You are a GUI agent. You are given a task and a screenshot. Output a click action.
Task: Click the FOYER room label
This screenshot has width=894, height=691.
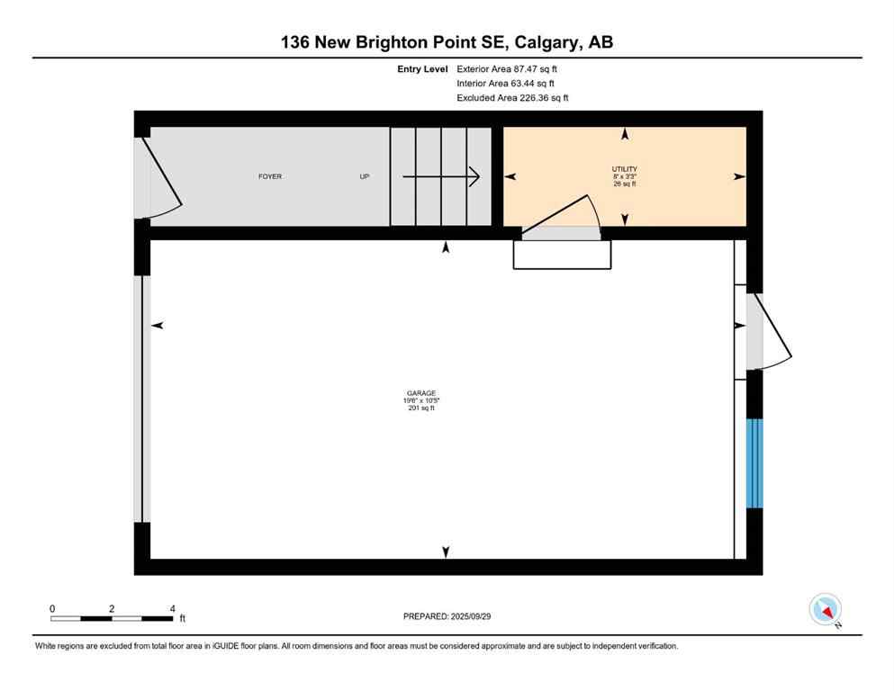click(x=270, y=176)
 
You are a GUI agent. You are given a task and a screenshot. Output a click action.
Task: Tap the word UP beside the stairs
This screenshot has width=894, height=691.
click(x=365, y=176)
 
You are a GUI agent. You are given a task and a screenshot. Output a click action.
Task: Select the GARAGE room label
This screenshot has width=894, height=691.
click(x=420, y=393)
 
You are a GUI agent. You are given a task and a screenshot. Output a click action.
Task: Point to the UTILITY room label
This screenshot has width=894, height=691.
click(x=625, y=169)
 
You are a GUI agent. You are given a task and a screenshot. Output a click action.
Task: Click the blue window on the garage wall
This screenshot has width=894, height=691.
click(x=754, y=462)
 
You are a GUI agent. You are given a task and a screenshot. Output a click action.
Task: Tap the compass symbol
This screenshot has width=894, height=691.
click(x=825, y=609)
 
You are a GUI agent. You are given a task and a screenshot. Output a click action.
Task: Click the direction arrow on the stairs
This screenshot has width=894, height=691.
click(x=441, y=176)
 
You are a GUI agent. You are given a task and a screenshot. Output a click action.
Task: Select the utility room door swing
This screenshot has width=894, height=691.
click(x=563, y=220)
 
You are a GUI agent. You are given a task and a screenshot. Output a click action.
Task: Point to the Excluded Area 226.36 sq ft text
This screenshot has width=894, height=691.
click(x=512, y=98)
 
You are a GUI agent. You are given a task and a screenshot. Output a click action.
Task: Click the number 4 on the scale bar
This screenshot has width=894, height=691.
click(x=171, y=608)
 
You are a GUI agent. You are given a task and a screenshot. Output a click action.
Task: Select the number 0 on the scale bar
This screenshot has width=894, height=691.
click(x=52, y=608)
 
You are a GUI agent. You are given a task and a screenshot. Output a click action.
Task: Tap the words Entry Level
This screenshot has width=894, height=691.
click(x=422, y=68)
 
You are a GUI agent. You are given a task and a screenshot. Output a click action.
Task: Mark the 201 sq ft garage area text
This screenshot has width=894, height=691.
click(x=420, y=408)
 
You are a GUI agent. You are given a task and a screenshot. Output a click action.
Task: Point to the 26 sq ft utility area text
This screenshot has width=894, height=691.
click(x=625, y=184)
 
